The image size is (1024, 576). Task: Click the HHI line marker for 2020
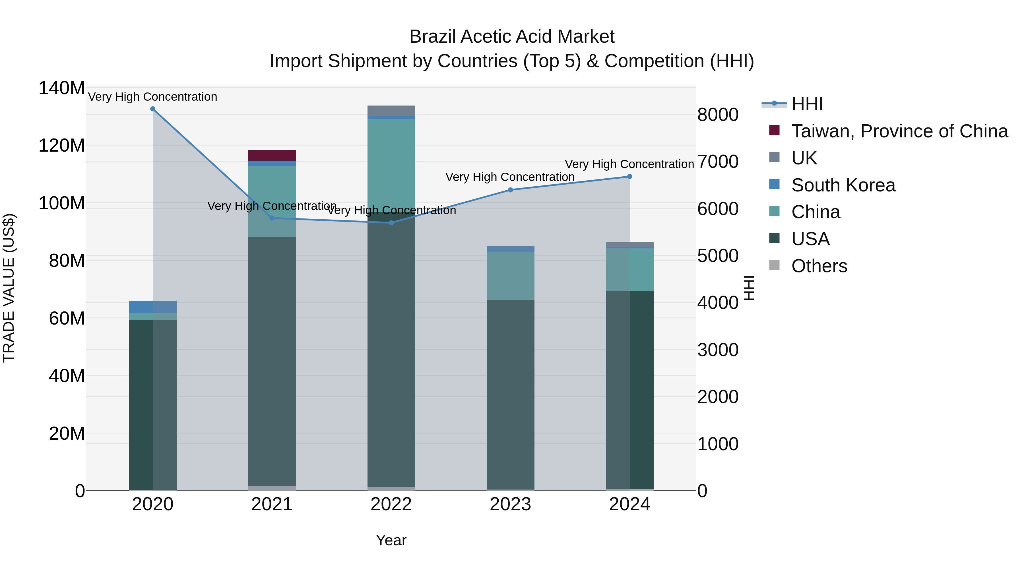click(x=153, y=109)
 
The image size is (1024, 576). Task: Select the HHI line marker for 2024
click(x=630, y=176)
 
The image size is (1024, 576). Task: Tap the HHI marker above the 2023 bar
click(x=510, y=190)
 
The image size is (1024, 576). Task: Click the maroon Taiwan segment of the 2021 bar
click(x=272, y=155)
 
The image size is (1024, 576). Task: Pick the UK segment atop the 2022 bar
click(x=391, y=111)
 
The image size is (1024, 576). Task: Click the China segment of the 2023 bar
click(x=510, y=276)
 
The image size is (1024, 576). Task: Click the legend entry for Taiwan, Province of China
click(x=899, y=131)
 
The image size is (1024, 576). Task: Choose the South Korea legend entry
click(x=843, y=185)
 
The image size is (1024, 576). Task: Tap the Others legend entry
click(x=819, y=266)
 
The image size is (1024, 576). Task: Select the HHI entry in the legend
click(x=807, y=104)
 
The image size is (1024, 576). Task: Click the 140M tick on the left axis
click(x=62, y=88)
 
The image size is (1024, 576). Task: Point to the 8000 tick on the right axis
click(x=718, y=115)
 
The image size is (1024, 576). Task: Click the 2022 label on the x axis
click(x=391, y=504)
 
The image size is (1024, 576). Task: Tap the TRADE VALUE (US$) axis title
click(x=9, y=288)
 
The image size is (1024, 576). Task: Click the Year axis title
click(x=391, y=540)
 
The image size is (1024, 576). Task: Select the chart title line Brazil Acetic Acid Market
click(x=512, y=37)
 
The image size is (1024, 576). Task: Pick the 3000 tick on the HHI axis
click(x=718, y=350)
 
